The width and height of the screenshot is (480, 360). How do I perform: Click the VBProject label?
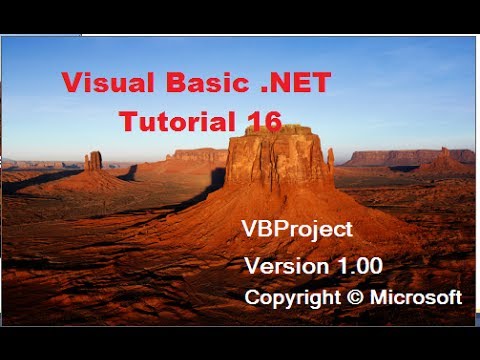[x=297, y=230]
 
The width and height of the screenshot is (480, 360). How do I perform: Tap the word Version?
[x=284, y=266]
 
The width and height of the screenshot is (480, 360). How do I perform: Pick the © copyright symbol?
[x=351, y=298]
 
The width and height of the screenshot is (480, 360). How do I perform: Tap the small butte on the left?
[x=93, y=161]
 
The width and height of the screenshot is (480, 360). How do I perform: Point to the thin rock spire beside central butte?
[x=330, y=160]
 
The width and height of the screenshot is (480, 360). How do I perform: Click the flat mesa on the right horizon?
[x=395, y=157]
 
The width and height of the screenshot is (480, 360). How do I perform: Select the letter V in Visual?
[x=71, y=84]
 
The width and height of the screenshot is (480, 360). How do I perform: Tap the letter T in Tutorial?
[x=127, y=120]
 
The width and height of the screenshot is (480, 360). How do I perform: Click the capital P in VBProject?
[x=281, y=230]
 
